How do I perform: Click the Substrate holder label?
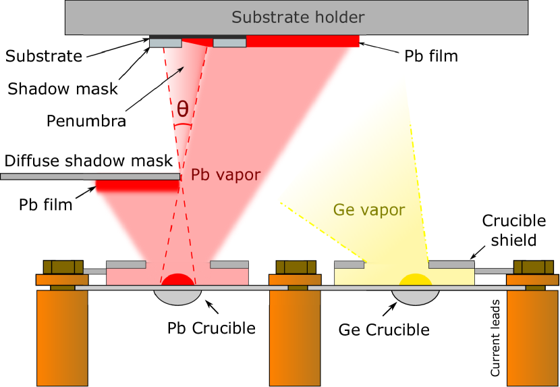pos(298,18)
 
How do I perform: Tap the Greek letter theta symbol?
pos(183,109)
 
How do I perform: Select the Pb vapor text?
pos(225,175)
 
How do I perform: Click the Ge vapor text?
pos(369,210)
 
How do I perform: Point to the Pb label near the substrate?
pos(414,57)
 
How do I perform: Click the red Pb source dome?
pos(177,280)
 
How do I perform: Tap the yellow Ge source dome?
pos(415,280)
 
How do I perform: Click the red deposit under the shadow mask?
pos(137,185)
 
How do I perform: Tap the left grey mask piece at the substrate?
pos(165,43)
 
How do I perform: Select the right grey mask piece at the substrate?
pos(229,43)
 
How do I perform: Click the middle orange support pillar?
pos(295,338)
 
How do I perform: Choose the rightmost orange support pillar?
pos(533,338)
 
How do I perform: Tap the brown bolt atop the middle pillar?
pos(296,267)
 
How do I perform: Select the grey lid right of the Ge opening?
pos(451,264)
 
